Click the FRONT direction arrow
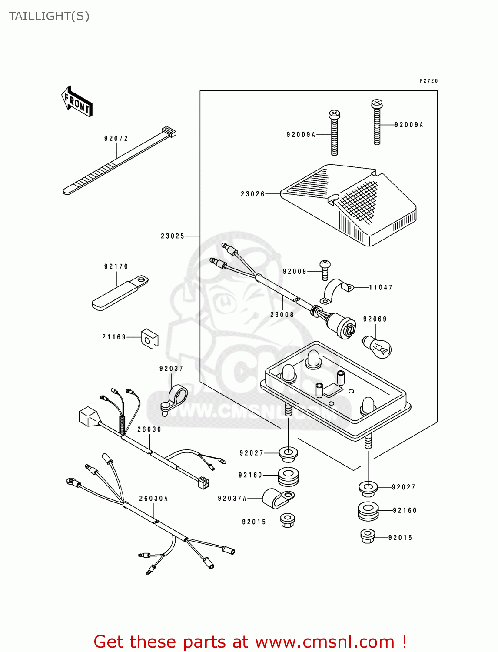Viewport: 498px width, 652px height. click(77, 101)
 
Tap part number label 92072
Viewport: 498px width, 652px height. click(116, 139)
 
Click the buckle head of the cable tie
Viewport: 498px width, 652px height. click(169, 131)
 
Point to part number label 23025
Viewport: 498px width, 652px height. click(173, 236)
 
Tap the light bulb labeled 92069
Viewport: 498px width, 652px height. click(377, 346)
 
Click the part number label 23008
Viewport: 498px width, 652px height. click(282, 315)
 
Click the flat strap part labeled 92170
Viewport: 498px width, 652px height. click(120, 293)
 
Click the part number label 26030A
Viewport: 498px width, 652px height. click(153, 499)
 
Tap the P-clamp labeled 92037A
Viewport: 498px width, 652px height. click(278, 498)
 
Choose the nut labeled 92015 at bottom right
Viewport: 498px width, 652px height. click(368, 536)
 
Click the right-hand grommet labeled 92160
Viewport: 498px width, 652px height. click(368, 511)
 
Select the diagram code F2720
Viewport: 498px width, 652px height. click(428, 81)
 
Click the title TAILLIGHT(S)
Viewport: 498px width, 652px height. click(49, 16)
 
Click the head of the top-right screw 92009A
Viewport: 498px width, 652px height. click(377, 104)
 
